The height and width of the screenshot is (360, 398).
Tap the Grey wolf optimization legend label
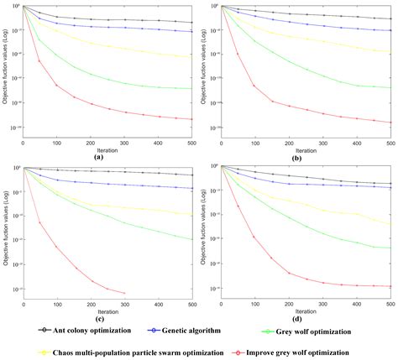pyautogui.click(x=338, y=330)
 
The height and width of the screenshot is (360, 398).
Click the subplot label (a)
pyautogui.click(x=99, y=157)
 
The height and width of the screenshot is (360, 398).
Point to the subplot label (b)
pyautogui.click(x=296, y=157)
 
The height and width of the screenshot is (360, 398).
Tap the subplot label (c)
pyautogui.click(x=99, y=319)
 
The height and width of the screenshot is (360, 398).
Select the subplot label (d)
pyautogui.click(x=296, y=319)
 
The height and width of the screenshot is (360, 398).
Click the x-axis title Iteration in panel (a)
pyautogui.click(x=107, y=150)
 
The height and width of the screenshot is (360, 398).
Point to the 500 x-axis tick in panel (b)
pyautogui.click(x=389, y=143)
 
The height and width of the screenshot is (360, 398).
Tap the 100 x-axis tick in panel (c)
pyautogui.click(x=57, y=305)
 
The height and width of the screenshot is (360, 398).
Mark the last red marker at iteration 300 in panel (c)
pyautogui.click(x=124, y=294)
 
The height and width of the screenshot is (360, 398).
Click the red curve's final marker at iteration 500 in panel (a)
pyautogui.click(x=192, y=119)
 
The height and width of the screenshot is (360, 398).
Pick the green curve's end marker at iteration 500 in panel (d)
pyautogui.click(x=390, y=248)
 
